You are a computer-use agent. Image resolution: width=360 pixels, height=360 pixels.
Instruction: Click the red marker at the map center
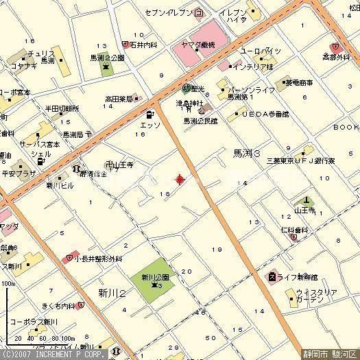click(180, 180)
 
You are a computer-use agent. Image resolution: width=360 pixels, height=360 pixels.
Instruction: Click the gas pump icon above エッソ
click(149, 114)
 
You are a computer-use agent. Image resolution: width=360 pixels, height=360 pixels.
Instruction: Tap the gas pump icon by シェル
click(21, 165)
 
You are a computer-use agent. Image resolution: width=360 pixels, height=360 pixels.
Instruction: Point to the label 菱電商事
click(297, 82)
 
